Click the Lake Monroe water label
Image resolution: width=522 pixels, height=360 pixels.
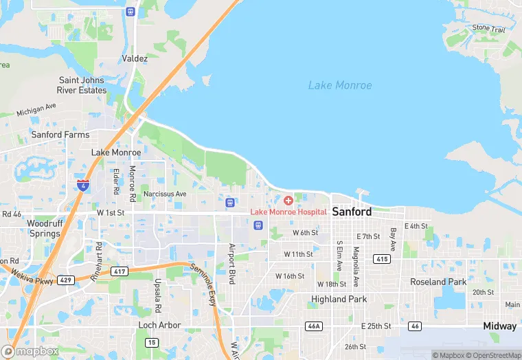[340, 86]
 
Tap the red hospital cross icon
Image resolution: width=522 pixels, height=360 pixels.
[288, 200]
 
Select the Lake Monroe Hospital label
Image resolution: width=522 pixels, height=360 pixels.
[288, 212]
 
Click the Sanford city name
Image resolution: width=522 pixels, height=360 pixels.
[352, 212]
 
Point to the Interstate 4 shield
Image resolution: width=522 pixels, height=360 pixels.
[82, 185]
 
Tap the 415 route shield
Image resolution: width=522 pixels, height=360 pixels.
[383, 258]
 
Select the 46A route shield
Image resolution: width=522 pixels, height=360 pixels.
[314, 326]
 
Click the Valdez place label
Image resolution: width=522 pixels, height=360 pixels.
[135, 59]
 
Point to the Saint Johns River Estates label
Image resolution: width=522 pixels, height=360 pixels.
[82, 85]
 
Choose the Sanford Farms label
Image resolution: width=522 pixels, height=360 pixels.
[60, 135]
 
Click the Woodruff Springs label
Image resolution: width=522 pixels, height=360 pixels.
[44, 228]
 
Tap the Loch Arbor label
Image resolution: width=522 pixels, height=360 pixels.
[160, 325]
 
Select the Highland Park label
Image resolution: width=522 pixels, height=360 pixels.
[339, 300]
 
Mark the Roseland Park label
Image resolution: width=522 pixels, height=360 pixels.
[438, 282]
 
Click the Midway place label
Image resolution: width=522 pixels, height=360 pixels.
[499, 326]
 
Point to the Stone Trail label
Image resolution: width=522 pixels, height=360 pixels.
[488, 28]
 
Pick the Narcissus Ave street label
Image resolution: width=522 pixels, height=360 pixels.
[165, 194]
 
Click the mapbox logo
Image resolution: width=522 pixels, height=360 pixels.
[30, 351]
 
